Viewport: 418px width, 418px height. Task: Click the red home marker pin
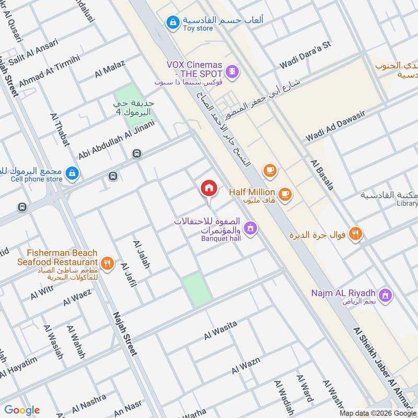[208, 188]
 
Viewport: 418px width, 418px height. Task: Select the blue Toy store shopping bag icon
[171, 22]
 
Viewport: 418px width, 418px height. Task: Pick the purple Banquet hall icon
[250, 228]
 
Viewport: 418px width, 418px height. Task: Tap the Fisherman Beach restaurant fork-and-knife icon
[108, 263]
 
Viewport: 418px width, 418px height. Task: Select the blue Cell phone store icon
[72, 173]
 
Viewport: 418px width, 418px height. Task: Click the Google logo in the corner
[22, 410]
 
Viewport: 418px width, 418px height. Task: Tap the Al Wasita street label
[220, 330]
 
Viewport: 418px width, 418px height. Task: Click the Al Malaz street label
[110, 68]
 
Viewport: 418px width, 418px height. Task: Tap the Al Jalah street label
[142, 254]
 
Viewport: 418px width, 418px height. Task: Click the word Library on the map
[407, 204]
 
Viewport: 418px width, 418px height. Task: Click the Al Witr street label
[42, 293]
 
